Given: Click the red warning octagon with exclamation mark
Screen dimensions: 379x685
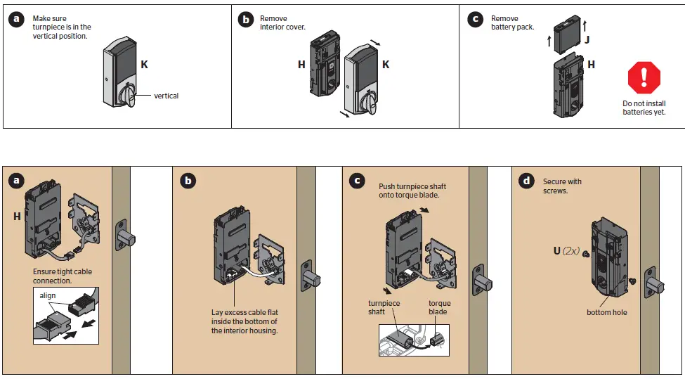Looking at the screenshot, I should point(644,77).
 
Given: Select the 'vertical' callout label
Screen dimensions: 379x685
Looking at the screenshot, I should point(166,96).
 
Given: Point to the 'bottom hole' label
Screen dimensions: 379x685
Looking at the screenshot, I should point(606,312).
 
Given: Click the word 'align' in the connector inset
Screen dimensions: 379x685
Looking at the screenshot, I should point(47,297).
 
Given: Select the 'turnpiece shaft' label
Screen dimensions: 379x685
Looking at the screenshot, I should point(385,307).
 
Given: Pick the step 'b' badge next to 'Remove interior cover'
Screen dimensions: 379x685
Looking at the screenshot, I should point(245,20).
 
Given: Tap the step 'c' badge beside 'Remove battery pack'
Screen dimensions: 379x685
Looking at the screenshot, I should point(475,20).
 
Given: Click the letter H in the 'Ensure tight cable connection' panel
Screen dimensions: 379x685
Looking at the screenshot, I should point(17,217).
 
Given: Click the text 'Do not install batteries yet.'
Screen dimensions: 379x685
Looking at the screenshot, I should point(644,108).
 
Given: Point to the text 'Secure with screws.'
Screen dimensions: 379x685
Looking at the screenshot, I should point(562,186).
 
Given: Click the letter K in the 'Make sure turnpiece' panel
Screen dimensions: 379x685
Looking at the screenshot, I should point(144,64).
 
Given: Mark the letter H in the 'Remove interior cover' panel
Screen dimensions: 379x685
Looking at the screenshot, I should point(301,65).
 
